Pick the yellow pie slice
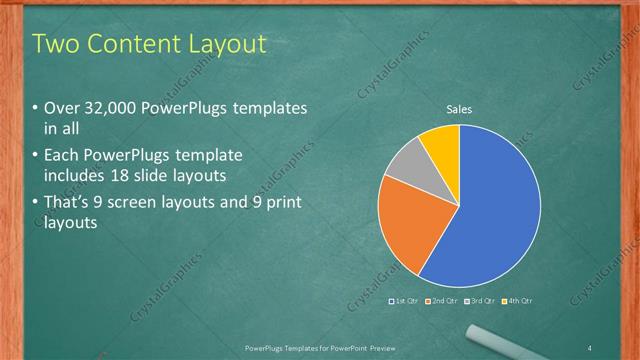coord(441,144)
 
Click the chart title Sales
coord(459,110)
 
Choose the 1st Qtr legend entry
coord(403,301)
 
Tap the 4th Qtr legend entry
coord(517,301)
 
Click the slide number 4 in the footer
coord(591,347)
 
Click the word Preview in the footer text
coord(380,347)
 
